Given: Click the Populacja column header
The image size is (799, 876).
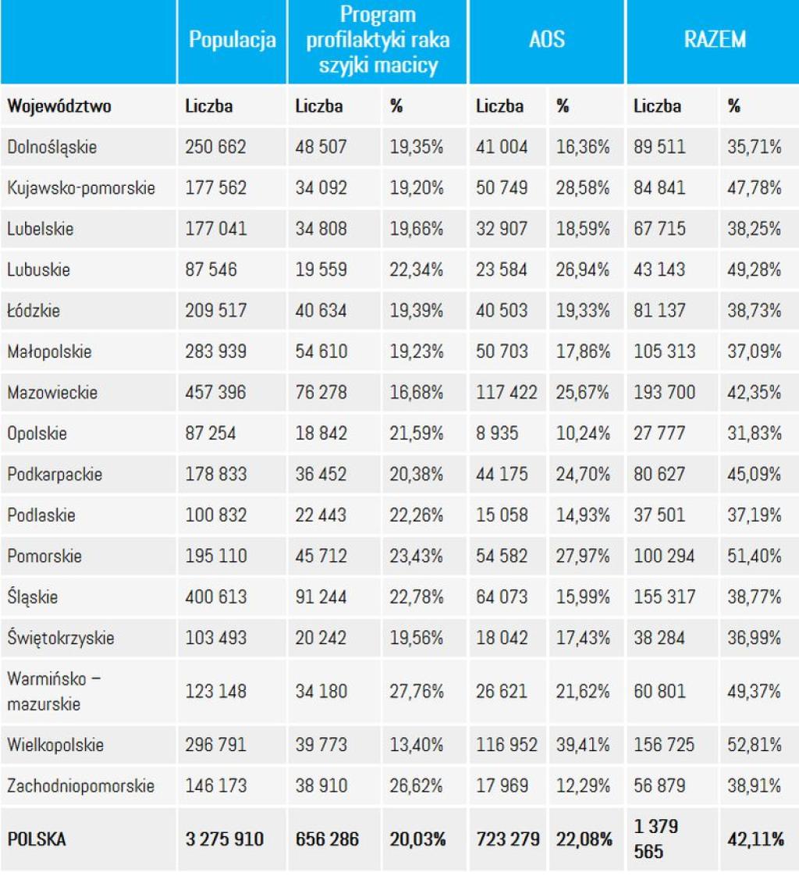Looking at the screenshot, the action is (x=233, y=40).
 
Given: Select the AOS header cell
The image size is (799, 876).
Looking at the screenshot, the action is (x=547, y=40).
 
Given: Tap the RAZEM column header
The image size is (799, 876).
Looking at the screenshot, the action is (x=715, y=40).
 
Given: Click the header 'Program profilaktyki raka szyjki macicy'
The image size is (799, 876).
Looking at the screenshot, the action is (x=378, y=40).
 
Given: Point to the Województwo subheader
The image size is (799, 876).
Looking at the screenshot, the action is (x=59, y=105).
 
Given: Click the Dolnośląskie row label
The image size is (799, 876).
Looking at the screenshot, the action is (x=52, y=147).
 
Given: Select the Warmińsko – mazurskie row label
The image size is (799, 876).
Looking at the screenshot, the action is (x=54, y=691).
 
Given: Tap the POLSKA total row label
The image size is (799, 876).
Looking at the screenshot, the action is (x=37, y=839).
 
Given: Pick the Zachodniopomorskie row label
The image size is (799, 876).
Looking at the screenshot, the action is (x=80, y=785).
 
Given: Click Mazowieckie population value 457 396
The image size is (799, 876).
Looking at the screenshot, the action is (x=215, y=392).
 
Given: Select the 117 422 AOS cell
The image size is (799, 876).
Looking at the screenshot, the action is (x=506, y=392).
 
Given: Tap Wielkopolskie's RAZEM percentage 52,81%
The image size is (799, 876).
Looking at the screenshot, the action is (x=754, y=745).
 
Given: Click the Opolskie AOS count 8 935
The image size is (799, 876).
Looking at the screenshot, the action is (x=497, y=433).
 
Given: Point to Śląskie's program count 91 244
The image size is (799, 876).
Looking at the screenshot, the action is (x=321, y=596).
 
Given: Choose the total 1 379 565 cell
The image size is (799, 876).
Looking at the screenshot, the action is (x=656, y=839).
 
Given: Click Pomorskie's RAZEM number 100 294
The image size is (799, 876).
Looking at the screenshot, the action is (x=664, y=556).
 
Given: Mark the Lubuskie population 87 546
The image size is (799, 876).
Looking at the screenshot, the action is (x=211, y=269).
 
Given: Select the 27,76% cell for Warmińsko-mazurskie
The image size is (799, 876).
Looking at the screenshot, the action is (x=416, y=691).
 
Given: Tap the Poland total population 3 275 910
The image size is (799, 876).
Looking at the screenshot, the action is (x=225, y=839).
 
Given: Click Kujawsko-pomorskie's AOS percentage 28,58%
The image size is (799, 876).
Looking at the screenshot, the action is (x=582, y=187).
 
